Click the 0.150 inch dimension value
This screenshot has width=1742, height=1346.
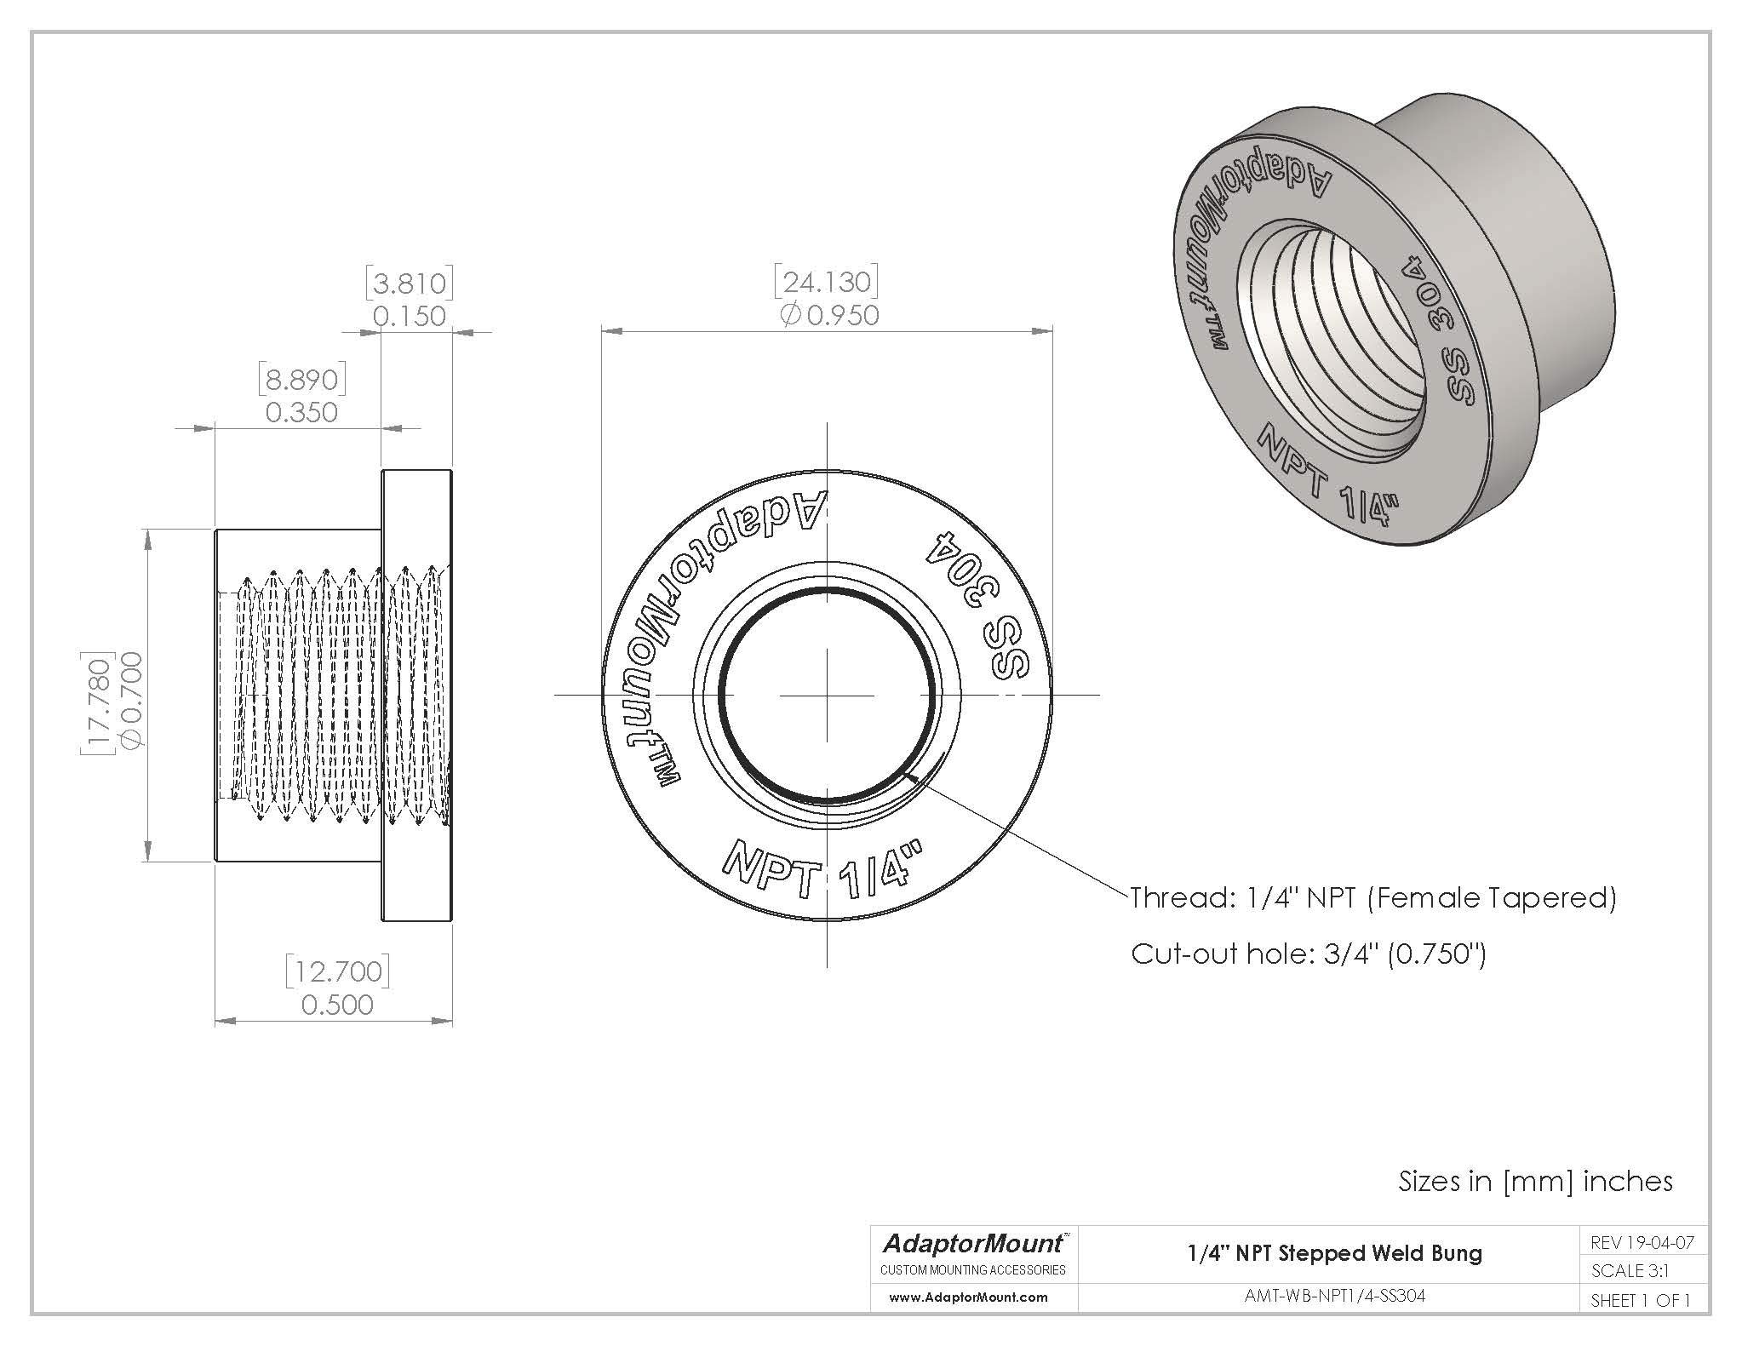point(410,317)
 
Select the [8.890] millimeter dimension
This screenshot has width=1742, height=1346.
point(301,380)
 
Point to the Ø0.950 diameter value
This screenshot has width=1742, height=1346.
point(829,316)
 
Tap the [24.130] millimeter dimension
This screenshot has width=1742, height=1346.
point(825,282)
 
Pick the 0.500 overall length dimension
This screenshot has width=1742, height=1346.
point(337,1005)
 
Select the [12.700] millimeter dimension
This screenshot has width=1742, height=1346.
point(337,971)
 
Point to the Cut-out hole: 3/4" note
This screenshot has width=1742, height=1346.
point(1308,954)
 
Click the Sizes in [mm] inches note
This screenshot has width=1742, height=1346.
point(1535,1181)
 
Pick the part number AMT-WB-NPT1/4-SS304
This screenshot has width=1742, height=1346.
point(1334,1296)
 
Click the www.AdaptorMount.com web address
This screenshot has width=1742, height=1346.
point(968,1297)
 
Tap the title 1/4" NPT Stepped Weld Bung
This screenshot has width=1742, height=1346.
point(1334,1253)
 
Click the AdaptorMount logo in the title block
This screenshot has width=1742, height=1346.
point(972,1245)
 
